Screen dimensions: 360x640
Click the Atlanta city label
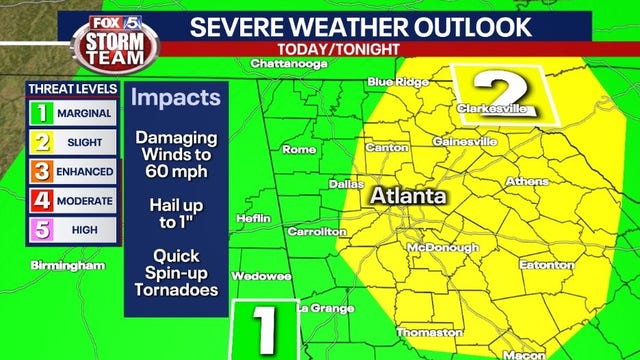(408, 197)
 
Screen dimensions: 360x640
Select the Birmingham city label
(69, 266)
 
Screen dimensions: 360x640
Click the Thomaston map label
(429, 332)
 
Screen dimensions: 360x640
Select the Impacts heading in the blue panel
(176, 99)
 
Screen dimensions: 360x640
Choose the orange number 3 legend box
(43, 172)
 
